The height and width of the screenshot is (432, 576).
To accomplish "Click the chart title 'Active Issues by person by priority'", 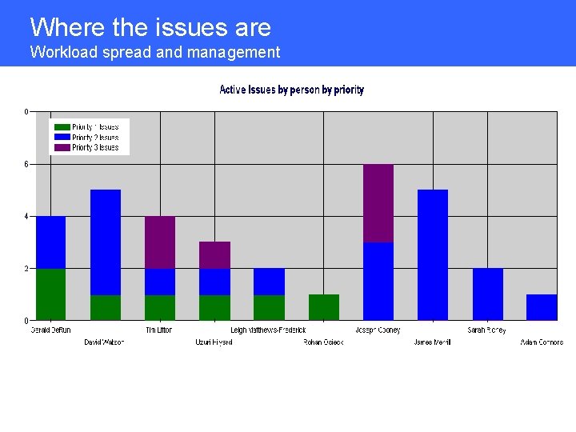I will click(x=291, y=90).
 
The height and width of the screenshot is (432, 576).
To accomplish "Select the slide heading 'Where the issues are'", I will click(x=150, y=27).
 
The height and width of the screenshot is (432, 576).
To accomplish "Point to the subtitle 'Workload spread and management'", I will click(x=155, y=53).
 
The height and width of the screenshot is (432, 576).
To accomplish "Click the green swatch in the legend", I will click(x=62, y=127).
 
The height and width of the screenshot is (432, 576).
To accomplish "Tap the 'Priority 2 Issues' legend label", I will click(x=95, y=138).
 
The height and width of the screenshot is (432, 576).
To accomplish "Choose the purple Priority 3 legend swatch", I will click(x=62, y=148).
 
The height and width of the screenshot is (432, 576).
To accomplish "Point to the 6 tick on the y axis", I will click(x=26, y=164).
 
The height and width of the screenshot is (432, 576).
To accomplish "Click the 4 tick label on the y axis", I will click(x=26, y=216).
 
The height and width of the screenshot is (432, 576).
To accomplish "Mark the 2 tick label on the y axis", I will click(x=26, y=269).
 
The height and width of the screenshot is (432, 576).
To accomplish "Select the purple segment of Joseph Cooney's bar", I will click(x=378, y=203).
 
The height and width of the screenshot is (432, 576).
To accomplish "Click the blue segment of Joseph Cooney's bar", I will click(x=378, y=281).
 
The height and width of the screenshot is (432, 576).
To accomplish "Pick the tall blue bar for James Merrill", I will click(x=433, y=254).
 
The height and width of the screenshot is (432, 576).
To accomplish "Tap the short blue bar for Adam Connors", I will click(x=542, y=307).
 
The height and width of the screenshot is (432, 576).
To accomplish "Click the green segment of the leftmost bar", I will click(x=51, y=294).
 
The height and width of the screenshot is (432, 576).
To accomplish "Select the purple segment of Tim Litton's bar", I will click(x=160, y=242).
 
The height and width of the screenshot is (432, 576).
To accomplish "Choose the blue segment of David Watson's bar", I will click(x=106, y=242).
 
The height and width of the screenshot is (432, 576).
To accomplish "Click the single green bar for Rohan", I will click(x=324, y=307).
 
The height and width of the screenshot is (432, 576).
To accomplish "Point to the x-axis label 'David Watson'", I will click(x=105, y=342).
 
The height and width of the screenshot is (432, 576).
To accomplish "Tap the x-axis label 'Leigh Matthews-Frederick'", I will click(x=268, y=330).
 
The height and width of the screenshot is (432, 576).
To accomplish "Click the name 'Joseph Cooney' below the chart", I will click(x=378, y=330).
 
